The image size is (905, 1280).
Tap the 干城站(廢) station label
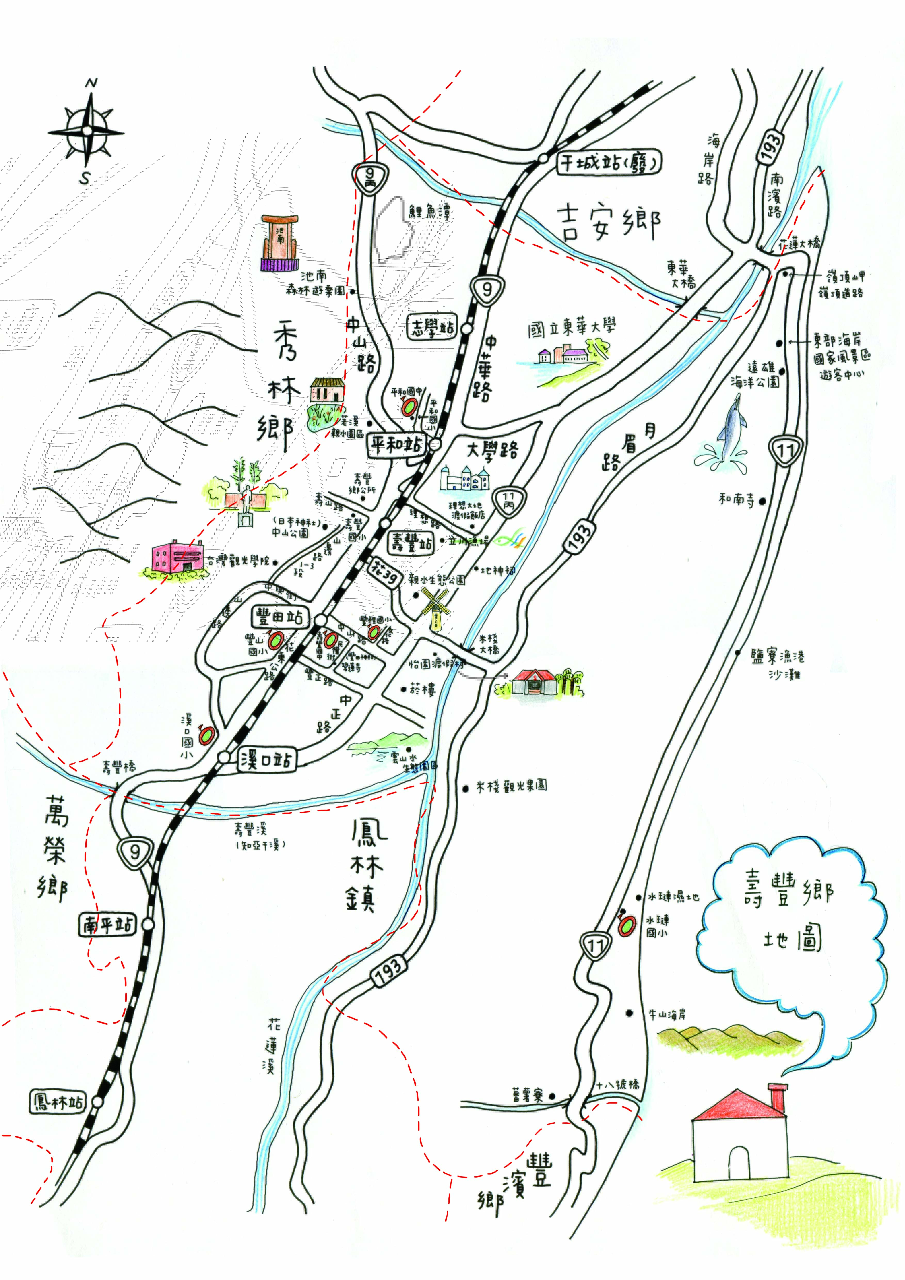609,163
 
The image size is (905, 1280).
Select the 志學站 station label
432,327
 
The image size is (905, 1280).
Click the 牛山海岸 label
667,1014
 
